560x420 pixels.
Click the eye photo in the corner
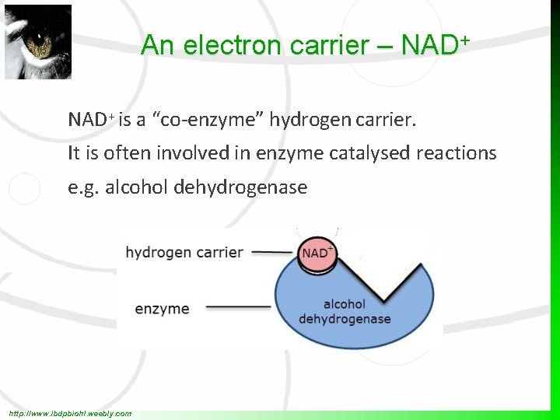coord(37,42)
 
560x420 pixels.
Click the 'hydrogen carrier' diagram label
coord(184,252)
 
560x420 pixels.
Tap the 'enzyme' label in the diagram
coord(162,309)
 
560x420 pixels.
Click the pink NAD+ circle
coord(317,254)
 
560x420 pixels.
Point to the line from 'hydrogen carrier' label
coord(272,252)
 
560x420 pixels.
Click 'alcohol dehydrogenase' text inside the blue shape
coord(345,312)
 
